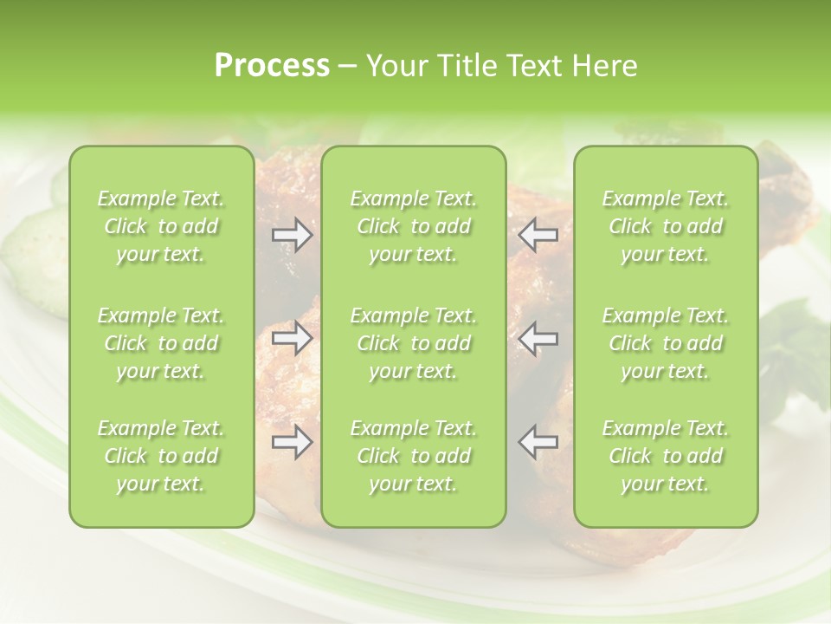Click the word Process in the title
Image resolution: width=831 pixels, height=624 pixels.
[x=272, y=66]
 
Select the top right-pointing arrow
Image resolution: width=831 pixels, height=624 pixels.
[x=293, y=235]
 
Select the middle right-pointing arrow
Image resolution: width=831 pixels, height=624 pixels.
[x=293, y=338]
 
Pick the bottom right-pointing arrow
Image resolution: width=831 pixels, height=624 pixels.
[x=293, y=442]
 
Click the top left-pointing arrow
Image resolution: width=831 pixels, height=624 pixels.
[x=538, y=235]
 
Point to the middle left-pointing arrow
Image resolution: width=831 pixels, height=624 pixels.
[x=538, y=338]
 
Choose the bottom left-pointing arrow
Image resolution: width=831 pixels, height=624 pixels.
[x=538, y=442]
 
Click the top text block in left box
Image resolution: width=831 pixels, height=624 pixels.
[x=161, y=226]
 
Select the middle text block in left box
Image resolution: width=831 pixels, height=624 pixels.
[x=161, y=343]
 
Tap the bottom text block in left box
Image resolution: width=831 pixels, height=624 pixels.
[x=161, y=456]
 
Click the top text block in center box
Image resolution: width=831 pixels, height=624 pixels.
[x=414, y=226]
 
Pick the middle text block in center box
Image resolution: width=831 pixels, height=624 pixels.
[x=414, y=343]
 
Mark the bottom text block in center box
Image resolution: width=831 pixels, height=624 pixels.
[x=414, y=456]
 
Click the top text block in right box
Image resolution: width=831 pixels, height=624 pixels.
[x=666, y=226]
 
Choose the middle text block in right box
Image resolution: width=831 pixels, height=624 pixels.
[x=666, y=343]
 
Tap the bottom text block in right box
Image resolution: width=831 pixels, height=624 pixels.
[x=666, y=456]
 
